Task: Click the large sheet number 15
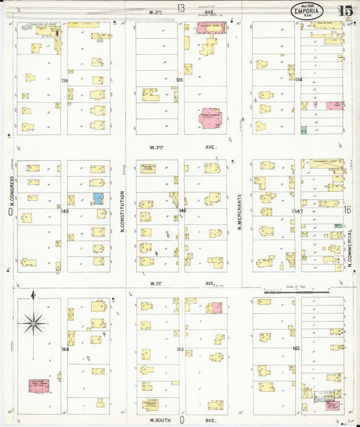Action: [x=344, y=11]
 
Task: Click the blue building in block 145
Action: [x=97, y=199]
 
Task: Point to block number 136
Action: [x=65, y=80]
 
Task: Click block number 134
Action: [x=298, y=79]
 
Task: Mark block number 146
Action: [x=182, y=210]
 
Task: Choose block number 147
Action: [x=299, y=211]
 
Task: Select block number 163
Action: [x=180, y=349]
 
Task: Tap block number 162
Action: [x=296, y=348]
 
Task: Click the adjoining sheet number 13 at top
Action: [x=181, y=7]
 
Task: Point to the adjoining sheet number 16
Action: [x=347, y=211]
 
